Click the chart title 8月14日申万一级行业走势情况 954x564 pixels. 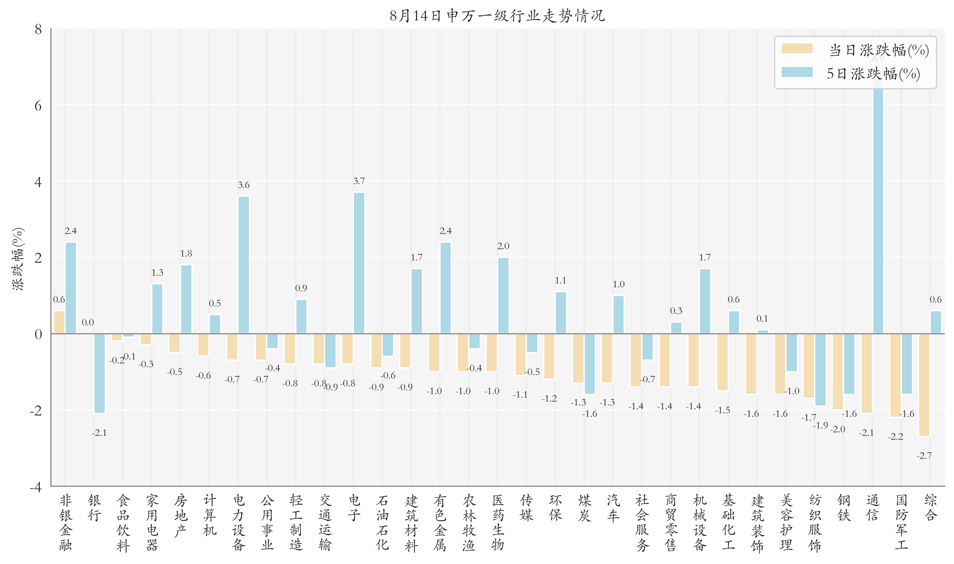click(x=497, y=16)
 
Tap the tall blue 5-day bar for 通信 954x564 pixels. click(x=878, y=205)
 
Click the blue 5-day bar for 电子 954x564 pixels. click(x=359, y=263)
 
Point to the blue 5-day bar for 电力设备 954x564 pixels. click(x=243, y=265)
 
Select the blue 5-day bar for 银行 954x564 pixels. click(x=100, y=373)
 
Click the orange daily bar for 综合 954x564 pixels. click(x=924, y=385)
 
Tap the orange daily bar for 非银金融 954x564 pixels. click(x=59, y=322)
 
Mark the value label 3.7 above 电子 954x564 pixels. click(x=359, y=181)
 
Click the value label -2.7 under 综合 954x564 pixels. click(x=924, y=456)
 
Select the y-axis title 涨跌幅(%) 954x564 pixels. click(x=18, y=259)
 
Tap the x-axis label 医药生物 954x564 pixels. click(x=497, y=522)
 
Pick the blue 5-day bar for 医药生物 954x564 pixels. click(x=503, y=295)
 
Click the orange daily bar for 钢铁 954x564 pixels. click(x=837, y=371)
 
